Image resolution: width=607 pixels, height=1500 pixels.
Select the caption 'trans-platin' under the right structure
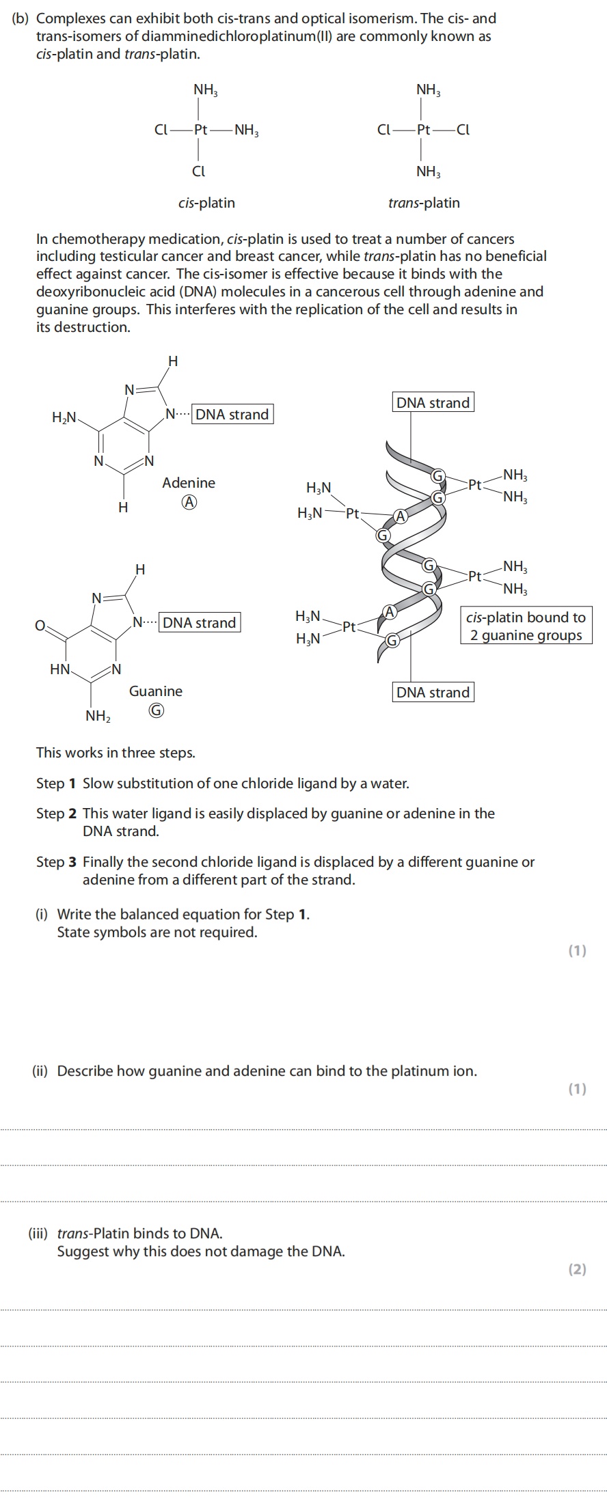(424, 203)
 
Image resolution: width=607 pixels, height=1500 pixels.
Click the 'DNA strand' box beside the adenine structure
(232, 415)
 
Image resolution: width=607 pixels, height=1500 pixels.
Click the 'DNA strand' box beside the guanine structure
(200, 622)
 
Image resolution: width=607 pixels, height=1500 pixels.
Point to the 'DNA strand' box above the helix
(433, 403)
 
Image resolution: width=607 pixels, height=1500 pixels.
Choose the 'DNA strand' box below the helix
(433, 692)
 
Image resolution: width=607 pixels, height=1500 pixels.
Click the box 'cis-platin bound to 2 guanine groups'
(526, 626)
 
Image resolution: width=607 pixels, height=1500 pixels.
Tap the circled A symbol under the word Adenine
(189, 503)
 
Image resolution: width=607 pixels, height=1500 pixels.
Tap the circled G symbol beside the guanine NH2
(156, 711)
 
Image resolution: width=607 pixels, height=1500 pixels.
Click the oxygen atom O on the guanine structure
(40, 624)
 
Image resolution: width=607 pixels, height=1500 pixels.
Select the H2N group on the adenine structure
(64, 417)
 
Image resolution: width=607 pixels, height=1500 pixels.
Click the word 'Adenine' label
(188, 483)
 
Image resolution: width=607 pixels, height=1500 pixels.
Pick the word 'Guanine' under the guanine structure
(156, 691)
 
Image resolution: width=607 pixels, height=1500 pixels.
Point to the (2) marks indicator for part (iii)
(577, 1270)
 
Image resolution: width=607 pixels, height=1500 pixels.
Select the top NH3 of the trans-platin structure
(429, 89)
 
